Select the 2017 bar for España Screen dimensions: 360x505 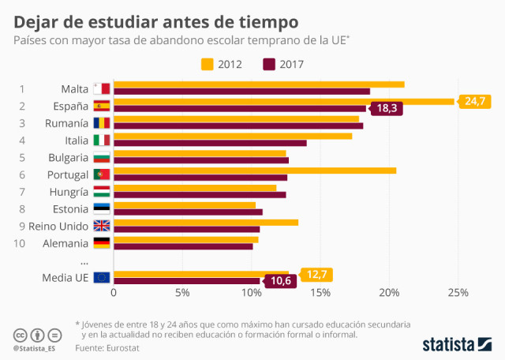(240, 108)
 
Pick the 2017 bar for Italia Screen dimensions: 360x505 (210, 143)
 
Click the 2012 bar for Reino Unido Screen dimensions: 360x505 (206, 222)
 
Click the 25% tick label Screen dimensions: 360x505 (458, 293)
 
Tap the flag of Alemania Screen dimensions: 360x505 (102, 242)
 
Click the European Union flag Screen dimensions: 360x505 (102, 277)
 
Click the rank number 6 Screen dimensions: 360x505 (22, 174)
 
